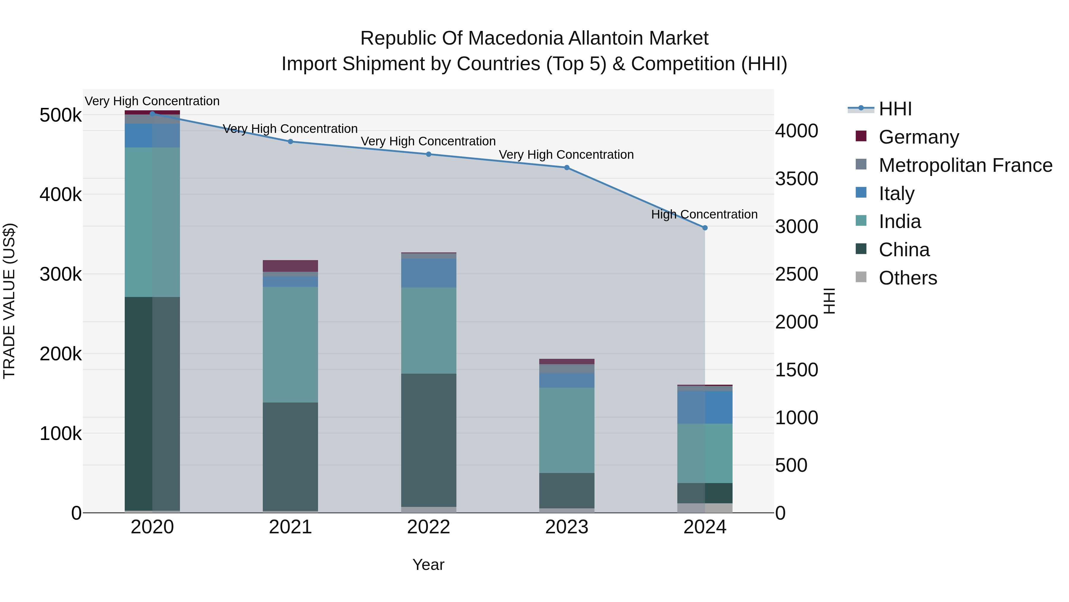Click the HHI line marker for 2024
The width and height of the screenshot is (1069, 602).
(705, 228)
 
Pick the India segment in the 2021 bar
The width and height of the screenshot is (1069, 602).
(290, 345)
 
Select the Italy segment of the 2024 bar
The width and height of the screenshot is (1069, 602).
(705, 407)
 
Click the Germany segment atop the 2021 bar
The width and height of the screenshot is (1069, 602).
(290, 266)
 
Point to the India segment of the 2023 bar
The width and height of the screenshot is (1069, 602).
(567, 430)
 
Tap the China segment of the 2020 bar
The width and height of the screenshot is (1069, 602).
(152, 403)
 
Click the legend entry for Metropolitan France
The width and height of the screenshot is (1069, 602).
(965, 165)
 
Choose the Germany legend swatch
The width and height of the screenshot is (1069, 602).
(861, 136)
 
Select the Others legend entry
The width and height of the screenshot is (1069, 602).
(907, 278)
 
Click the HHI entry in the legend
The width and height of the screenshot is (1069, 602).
(895, 109)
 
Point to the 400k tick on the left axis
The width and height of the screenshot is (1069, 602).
(61, 194)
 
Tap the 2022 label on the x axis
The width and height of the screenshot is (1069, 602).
(429, 527)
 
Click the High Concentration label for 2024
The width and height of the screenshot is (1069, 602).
(704, 214)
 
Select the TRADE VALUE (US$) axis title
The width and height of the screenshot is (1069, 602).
(9, 301)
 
